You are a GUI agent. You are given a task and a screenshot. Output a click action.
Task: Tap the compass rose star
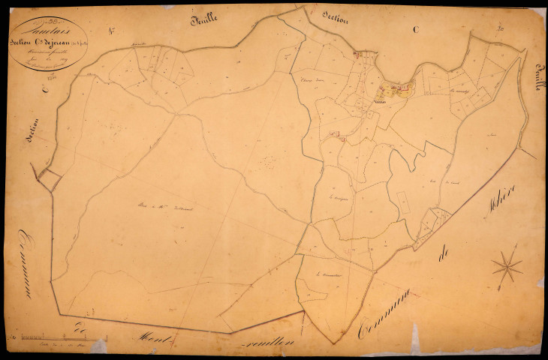tap(507, 266)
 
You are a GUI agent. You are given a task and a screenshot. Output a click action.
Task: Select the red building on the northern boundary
tap(357, 54)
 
